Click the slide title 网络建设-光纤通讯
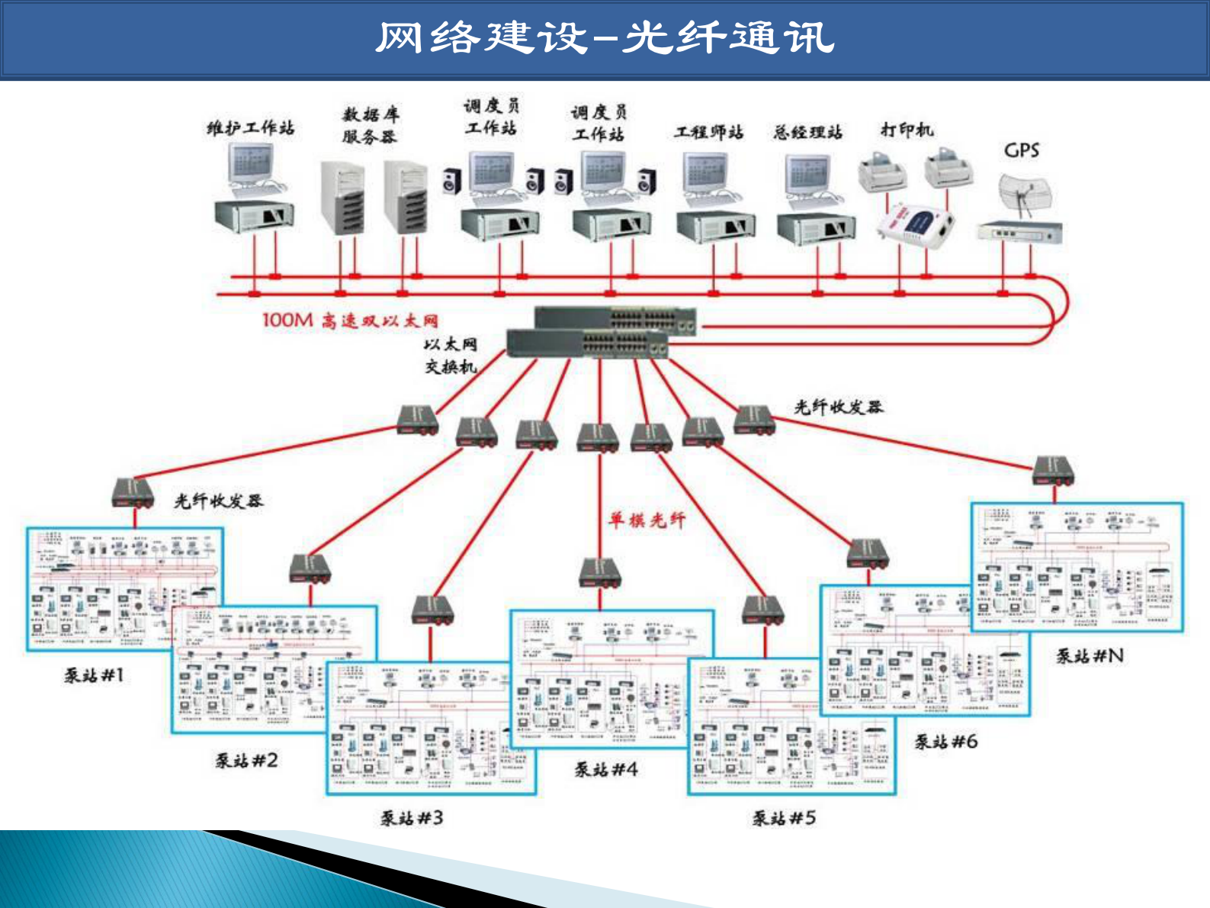click(605, 38)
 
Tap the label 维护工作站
click(250, 128)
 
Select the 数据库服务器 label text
click(370, 126)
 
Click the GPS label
click(1021, 150)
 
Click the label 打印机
click(907, 130)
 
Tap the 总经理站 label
click(807, 133)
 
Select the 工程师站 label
click(708, 133)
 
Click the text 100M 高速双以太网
click(350, 320)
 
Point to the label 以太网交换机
click(451, 356)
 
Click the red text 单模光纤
click(646, 520)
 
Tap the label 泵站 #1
click(94, 675)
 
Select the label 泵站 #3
click(412, 819)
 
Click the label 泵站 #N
click(1090, 656)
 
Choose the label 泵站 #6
click(945, 742)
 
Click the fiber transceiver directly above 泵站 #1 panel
click(133, 493)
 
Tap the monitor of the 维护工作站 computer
click(249, 163)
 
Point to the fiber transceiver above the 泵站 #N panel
click(1054, 470)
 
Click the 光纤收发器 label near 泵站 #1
click(218, 501)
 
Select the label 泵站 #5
click(784, 819)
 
